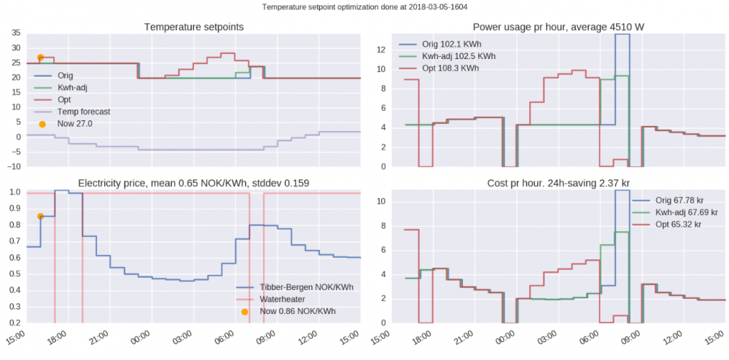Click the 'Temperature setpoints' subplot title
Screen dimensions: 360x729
pos(194,27)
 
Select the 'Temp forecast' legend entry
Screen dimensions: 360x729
pos(84,111)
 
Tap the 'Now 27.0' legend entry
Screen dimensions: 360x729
pos(75,124)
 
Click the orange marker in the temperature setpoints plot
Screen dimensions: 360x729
pos(41,58)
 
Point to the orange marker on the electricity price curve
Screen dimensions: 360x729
pos(41,216)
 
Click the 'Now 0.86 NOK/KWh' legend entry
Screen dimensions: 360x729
pos(297,311)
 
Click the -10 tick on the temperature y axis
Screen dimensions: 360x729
pos(13,167)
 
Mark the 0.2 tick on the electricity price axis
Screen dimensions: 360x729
pos(15,323)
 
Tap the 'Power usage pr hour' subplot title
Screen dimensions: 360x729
pos(559,27)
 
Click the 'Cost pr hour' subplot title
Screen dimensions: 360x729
pos(559,181)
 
